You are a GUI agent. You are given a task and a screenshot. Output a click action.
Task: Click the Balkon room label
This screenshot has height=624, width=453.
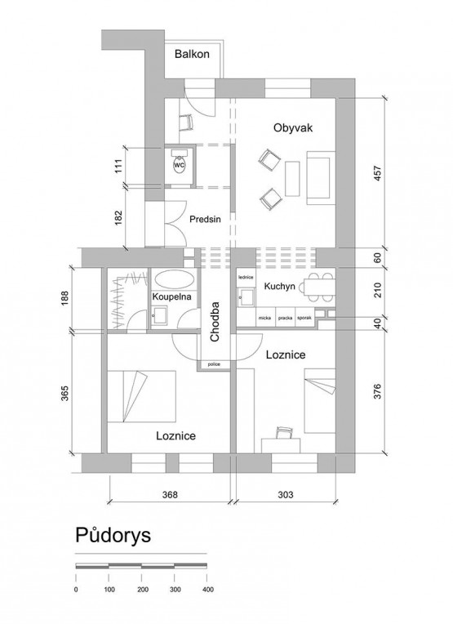pyautogui.click(x=192, y=54)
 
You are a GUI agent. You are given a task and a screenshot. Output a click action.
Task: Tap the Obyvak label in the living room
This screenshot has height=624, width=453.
pyautogui.click(x=293, y=127)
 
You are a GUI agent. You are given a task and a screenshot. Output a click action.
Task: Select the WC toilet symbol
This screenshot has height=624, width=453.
pyautogui.click(x=180, y=164)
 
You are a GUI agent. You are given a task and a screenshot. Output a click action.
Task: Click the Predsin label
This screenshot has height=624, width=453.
pyautogui.click(x=205, y=219)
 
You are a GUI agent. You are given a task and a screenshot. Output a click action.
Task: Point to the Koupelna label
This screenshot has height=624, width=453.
pyautogui.click(x=172, y=296)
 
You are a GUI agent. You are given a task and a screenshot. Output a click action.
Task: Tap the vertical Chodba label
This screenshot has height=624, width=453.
pyautogui.click(x=215, y=322)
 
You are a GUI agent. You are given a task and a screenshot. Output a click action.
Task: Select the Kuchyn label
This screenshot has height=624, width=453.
pyautogui.click(x=280, y=286)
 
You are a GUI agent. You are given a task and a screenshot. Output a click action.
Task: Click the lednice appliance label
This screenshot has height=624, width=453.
pyautogui.click(x=246, y=277)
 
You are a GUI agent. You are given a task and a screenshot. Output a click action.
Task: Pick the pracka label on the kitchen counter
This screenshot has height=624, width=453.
pyautogui.click(x=285, y=318)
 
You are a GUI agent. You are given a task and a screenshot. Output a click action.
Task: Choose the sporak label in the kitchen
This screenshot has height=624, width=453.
pyautogui.click(x=304, y=318)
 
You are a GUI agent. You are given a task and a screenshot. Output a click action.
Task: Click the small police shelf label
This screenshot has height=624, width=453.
pyautogui.click(x=214, y=364)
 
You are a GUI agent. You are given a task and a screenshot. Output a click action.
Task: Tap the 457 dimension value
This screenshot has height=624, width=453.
pyautogui.click(x=378, y=173)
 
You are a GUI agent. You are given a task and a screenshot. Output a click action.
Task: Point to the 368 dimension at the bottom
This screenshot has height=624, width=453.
pyautogui.click(x=170, y=495)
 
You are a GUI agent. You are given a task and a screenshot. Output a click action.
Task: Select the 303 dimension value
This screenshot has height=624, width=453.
pyautogui.click(x=285, y=495)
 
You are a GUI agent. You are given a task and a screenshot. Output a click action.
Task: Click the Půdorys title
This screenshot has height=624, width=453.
pyautogui.click(x=113, y=535)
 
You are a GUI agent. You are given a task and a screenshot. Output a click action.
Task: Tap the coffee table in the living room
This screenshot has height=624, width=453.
pyautogui.click(x=292, y=178)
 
